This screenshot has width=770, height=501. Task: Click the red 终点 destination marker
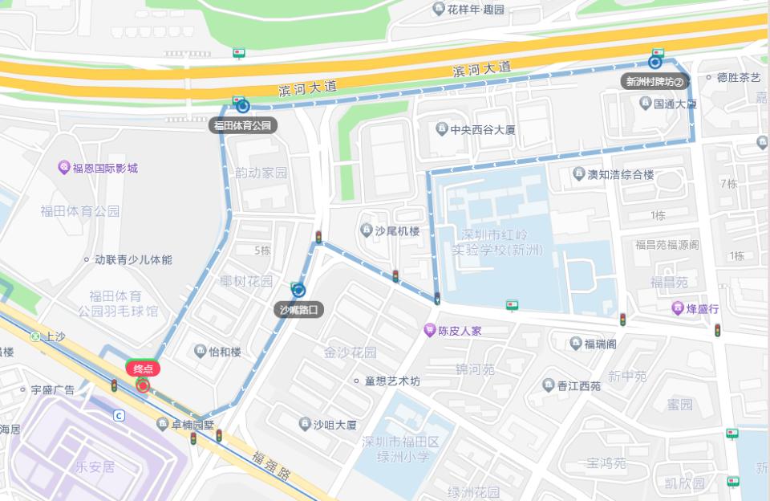(142, 369)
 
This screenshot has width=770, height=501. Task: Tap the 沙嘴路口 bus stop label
(298, 309)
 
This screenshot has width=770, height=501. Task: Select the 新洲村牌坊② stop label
(655, 81)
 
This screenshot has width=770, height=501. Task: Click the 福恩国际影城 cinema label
(104, 168)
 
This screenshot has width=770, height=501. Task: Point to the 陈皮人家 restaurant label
(459, 330)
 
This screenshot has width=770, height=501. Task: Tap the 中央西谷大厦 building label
(481, 128)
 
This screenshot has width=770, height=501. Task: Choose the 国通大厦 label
(674, 104)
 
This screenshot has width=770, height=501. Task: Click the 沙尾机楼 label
(397, 230)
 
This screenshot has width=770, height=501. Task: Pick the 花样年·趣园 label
(475, 10)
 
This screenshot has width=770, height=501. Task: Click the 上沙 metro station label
(55, 336)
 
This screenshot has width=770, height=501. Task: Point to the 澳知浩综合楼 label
(620, 174)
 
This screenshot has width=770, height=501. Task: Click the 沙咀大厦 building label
(334, 424)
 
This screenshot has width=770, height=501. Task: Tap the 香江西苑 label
(578, 385)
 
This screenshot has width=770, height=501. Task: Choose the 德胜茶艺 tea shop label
(738, 78)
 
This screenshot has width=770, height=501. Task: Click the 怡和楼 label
(224, 351)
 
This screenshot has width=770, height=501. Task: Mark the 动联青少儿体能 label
(132, 259)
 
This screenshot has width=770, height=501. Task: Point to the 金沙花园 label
(351, 352)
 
